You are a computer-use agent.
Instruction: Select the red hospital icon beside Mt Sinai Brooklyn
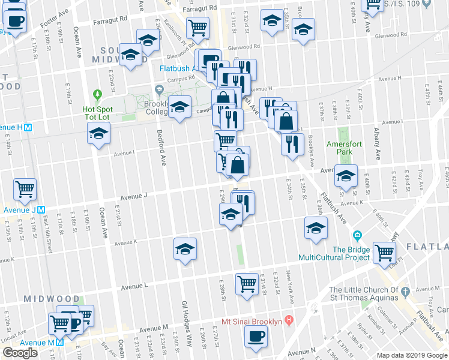[x=289, y=321]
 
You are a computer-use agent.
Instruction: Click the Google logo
[x=20, y=353]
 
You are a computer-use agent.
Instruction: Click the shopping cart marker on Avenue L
[x=247, y=283]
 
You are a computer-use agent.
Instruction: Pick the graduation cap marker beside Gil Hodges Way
[x=185, y=248]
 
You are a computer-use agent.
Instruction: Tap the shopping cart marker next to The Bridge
[x=384, y=252]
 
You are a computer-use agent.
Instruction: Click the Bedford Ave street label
[x=161, y=148]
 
